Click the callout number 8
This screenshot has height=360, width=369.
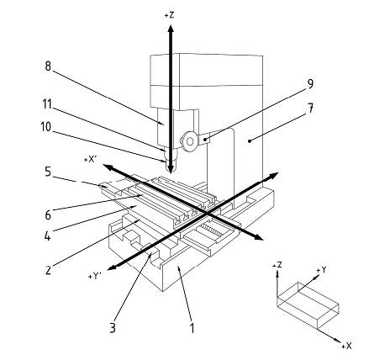(48, 66)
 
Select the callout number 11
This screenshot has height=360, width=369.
(47, 104)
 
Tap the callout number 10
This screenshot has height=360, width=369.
(46, 127)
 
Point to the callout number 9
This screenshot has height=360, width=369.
(310, 84)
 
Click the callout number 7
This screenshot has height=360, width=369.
(310, 109)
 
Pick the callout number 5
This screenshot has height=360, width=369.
(48, 172)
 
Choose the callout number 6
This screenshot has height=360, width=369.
(48, 215)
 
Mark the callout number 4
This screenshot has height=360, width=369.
(48, 236)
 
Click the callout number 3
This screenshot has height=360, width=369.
(113, 327)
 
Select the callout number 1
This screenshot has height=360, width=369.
(192, 328)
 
